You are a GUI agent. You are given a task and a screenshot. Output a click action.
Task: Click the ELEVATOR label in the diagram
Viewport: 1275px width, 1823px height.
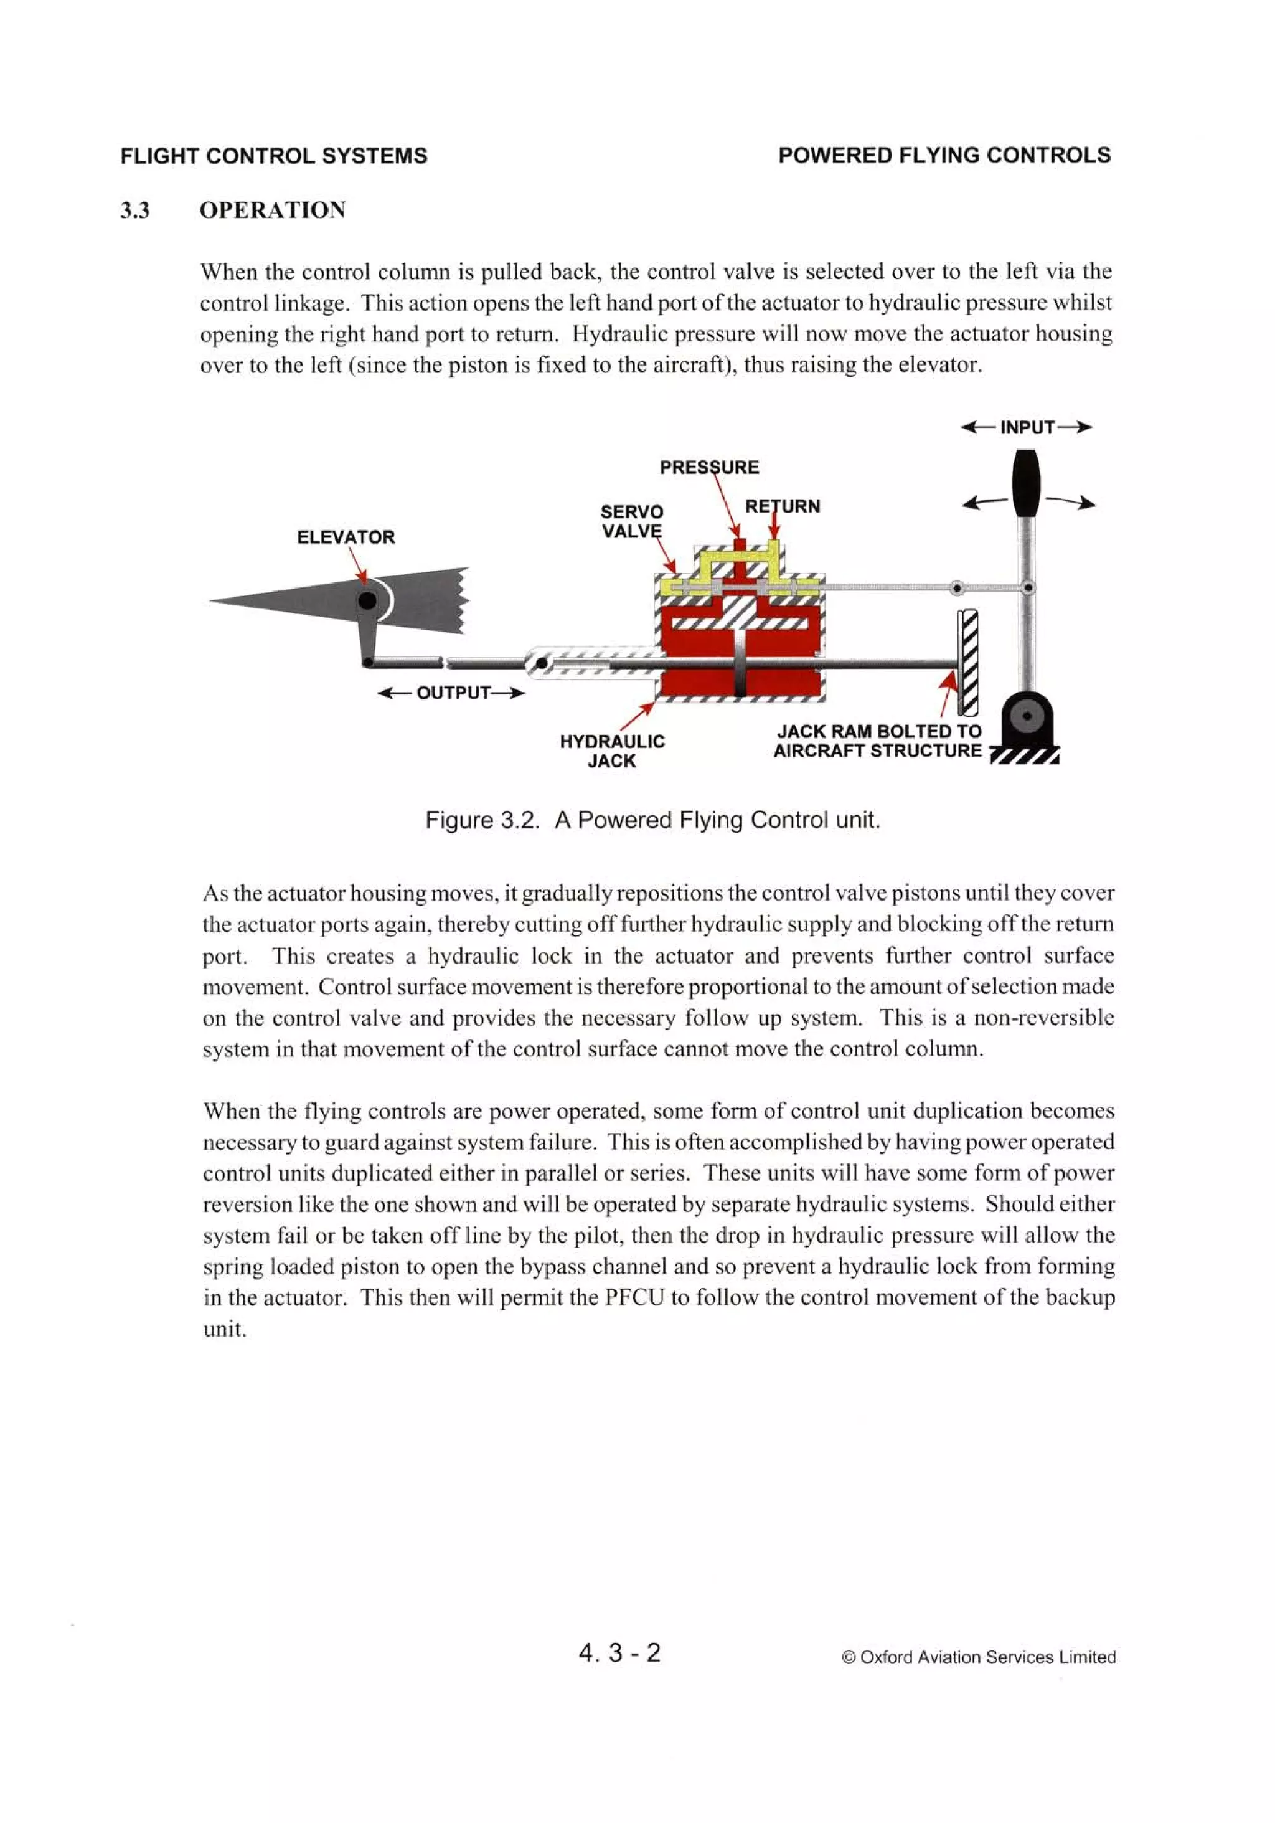(x=346, y=537)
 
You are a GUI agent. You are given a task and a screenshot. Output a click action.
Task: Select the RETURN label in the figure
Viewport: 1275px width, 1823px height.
(x=782, y=506)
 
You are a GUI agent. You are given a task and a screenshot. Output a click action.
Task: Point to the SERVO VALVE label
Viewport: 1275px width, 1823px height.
(x=631, y=521)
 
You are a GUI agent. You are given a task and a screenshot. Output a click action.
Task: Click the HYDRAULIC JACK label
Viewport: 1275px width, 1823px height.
(x=611, y=751)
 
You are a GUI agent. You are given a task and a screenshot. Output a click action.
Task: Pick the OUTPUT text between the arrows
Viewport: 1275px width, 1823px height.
(x=453, y=693)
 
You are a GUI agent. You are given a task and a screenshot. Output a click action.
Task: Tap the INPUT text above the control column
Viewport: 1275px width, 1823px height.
(x=1027, y=427)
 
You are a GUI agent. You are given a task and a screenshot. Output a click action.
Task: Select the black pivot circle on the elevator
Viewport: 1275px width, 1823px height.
(x=367, y=600)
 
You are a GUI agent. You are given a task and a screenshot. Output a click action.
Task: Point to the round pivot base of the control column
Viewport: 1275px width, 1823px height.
(x=1027, y=716)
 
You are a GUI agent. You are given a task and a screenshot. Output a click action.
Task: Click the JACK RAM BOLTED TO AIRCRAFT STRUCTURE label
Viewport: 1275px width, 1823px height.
(x=878, y=741)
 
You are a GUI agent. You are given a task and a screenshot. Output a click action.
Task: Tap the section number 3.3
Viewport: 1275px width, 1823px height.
(x=135, y=211)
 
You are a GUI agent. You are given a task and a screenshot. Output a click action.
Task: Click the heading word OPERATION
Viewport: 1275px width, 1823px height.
(x=272, y=211)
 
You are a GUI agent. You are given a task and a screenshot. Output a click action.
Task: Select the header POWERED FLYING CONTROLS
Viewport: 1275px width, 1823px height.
(x=944, y=155)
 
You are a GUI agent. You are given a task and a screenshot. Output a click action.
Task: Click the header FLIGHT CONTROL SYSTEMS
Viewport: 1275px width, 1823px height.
(x=274, y=156)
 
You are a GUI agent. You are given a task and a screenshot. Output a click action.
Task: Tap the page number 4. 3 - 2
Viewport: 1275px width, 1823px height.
(x=619, y=1652)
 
